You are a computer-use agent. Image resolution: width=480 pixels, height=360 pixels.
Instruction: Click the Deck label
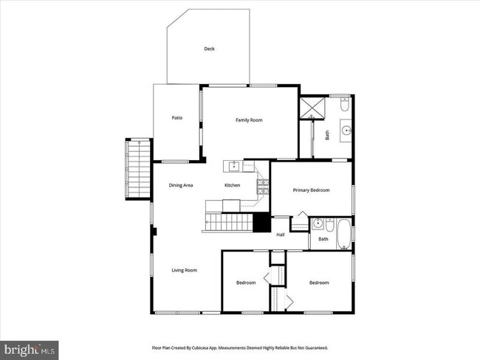(x=209, y=49)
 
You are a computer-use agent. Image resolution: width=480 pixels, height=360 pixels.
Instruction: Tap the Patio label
(x=177, y=118)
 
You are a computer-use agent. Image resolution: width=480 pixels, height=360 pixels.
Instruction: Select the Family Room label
(x=249, y=120)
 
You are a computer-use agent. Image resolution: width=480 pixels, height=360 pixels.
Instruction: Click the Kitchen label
(x=232, y=185)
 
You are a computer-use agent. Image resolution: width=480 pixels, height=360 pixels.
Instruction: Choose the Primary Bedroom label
(x=311, y=190)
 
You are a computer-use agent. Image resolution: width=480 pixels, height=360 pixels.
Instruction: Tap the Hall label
(x=281, y=235)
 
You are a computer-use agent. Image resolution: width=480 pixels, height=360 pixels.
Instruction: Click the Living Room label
(x=185, y=271)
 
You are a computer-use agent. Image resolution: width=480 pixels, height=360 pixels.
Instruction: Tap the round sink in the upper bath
(x=346, y=134)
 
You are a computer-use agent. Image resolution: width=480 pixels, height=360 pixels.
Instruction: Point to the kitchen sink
(x=233, y=166)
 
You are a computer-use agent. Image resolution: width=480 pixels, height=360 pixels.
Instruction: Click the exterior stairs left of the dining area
(x=137, y=169)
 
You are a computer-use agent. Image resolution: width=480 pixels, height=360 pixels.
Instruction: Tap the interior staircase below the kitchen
(x=228, y=222)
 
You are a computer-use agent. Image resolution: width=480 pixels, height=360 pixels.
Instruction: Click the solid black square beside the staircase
(x=261, y=222)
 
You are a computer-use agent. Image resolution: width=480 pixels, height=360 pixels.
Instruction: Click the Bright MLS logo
(x=30, y=348)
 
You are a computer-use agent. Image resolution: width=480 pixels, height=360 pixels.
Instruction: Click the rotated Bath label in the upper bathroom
(x=327, y=135)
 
